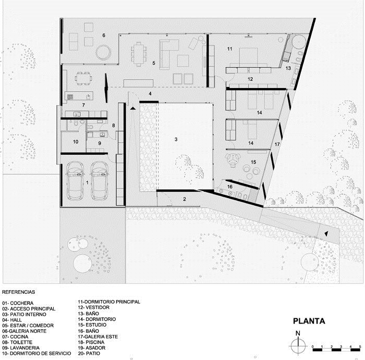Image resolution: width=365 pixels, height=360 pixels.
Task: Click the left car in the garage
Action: (x=75, y=181)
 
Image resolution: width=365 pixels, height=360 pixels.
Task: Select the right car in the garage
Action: (x=100, y=181)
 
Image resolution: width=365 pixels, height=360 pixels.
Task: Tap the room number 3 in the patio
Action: (x=176, y=139)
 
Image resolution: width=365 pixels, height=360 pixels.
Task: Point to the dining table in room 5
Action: (x=139, y=54)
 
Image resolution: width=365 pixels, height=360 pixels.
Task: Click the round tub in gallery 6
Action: (x=103, y=52)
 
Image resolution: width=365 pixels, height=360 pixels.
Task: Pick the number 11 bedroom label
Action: (x=230, y=49)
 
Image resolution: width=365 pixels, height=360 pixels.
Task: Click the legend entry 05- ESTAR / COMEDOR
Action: (x=28, y=325)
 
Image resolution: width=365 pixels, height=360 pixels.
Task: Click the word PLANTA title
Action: (x=309, y=321)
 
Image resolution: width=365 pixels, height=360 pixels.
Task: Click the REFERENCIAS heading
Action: (x=19, y=292)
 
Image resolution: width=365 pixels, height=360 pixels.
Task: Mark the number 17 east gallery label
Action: (x=277, y=144)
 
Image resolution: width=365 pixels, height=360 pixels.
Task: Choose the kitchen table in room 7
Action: (x=83, y=79)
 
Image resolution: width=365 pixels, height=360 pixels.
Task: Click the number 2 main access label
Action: (x=185, y=199)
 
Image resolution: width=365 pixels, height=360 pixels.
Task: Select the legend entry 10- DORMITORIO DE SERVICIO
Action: (x=36, y=353)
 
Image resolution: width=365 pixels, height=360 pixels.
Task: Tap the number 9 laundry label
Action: (x=100, y=143)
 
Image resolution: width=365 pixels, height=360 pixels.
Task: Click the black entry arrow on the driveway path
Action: (x=326, y=233)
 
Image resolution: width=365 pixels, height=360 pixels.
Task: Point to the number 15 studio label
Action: (x=253, y=162)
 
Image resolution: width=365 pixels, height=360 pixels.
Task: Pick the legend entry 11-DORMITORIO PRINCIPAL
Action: (x=109, y=302)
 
